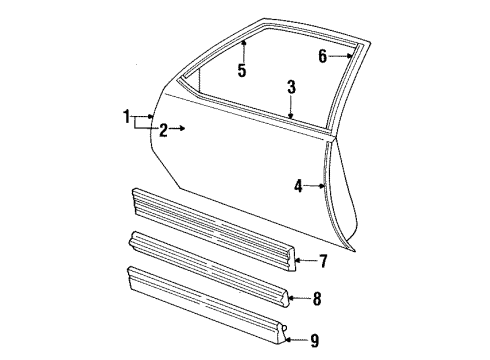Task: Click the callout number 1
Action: [x=127, y=117]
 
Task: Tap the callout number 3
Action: [x=291, y=87]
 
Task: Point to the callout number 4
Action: [x=298, y=184]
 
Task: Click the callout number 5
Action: [x=241, y=70]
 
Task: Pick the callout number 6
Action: [x=323, y=56]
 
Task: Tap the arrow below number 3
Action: [x=291, y=107]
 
